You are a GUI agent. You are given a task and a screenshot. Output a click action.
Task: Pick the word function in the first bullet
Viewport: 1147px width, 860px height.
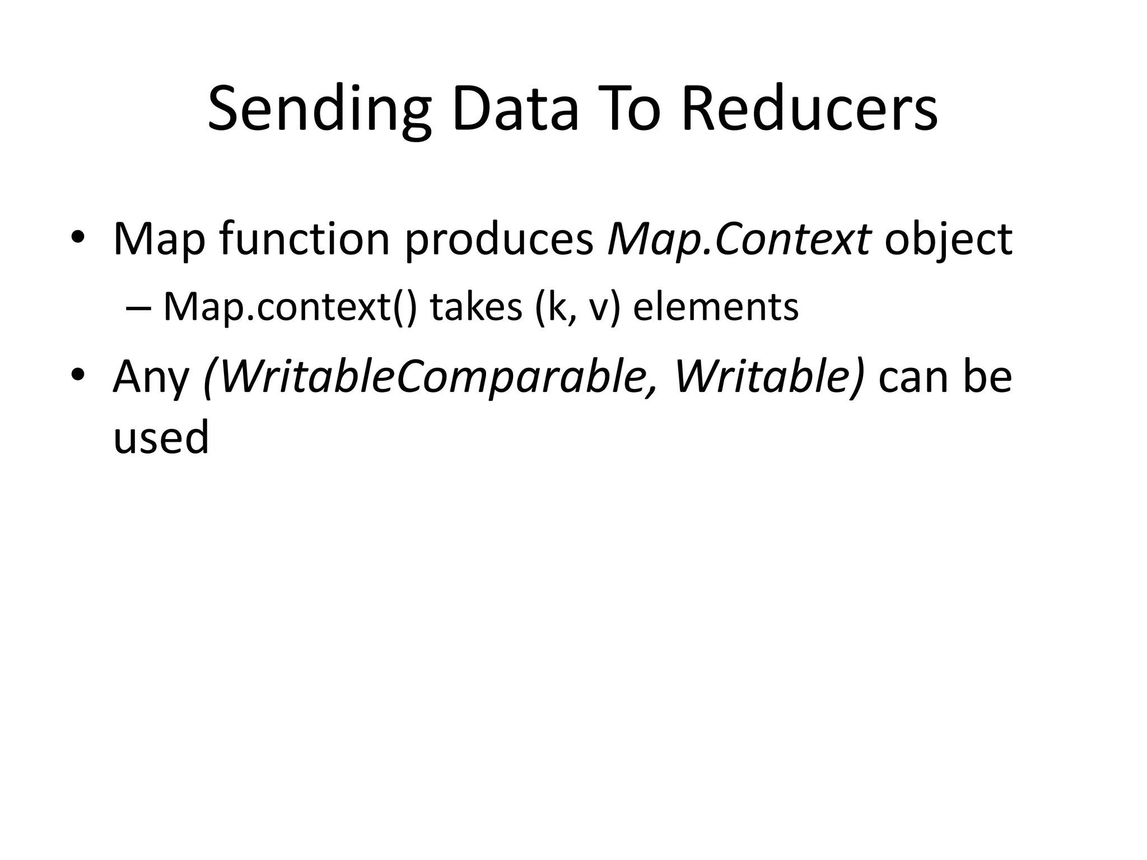coord(304,239)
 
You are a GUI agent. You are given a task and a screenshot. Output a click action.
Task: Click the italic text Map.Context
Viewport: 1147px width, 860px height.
coord(739,240)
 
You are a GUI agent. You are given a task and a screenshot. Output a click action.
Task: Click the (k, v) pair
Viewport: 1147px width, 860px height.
coord(577,308)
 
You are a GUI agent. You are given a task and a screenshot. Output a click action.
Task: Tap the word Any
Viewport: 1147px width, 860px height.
coord(151,378)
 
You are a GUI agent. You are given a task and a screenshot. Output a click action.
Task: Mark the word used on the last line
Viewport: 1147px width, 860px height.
coord(161,437)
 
